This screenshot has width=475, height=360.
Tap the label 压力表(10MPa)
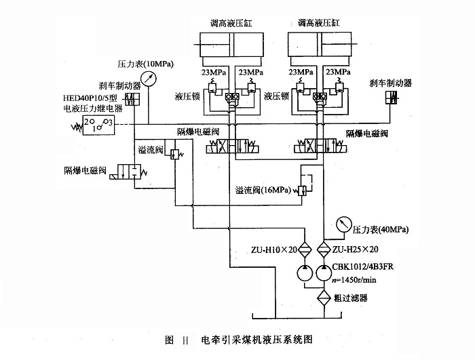click(145, 64)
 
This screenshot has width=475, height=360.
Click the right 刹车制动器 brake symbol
click(391, 99)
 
